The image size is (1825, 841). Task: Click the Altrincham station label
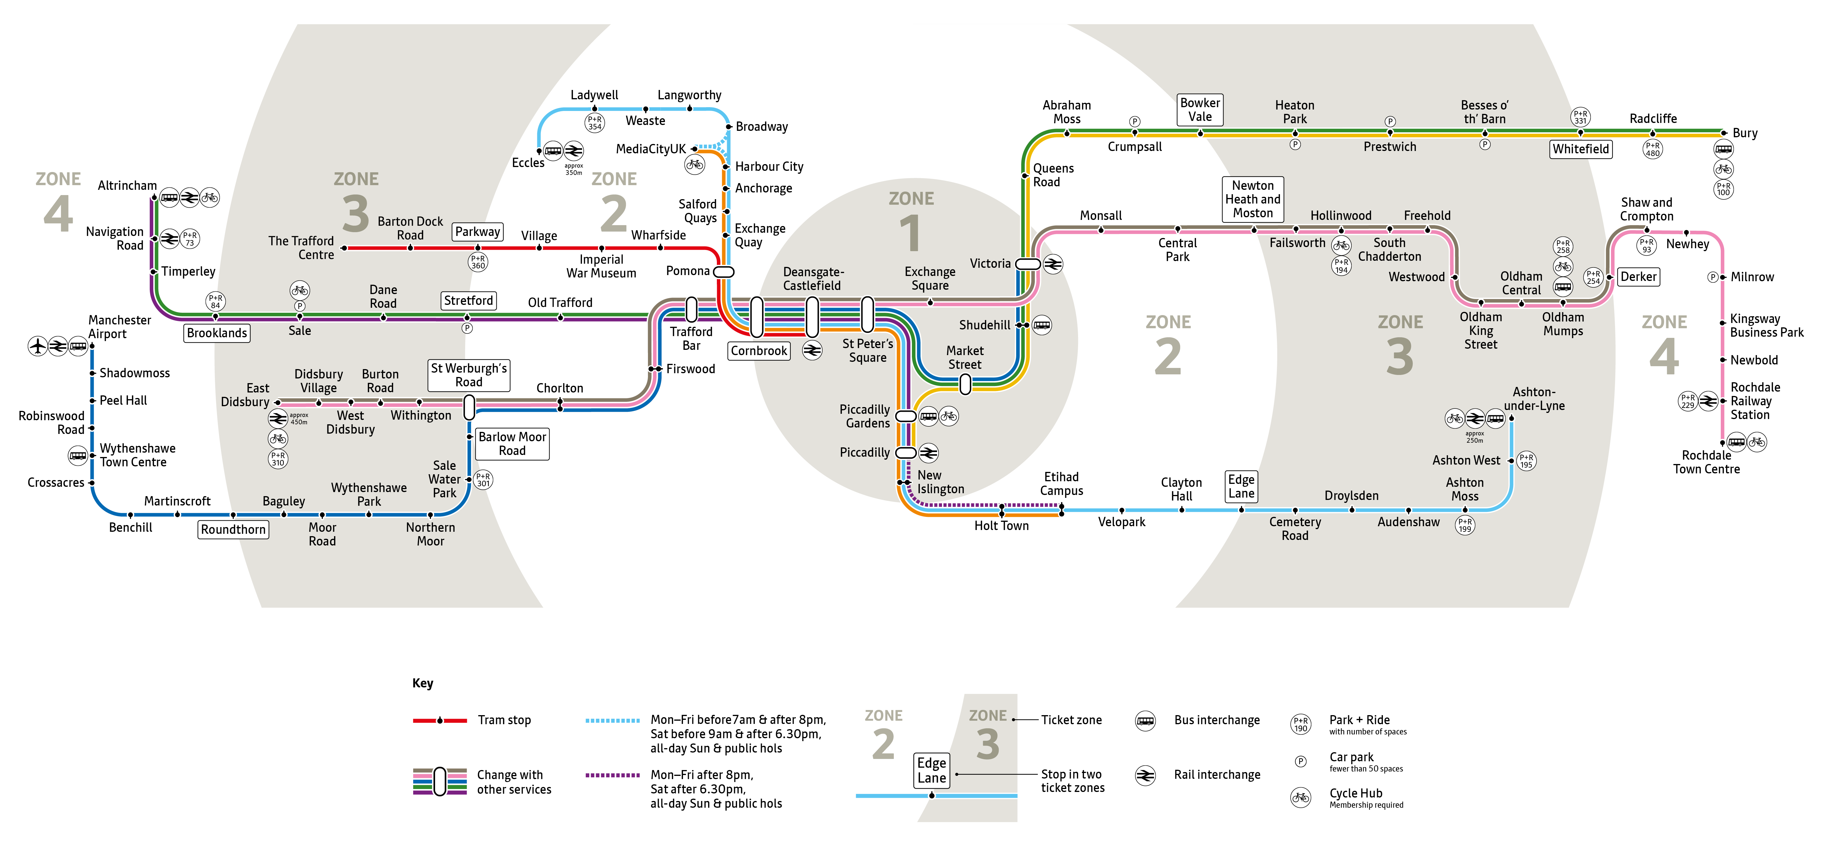click(x=128, y=186)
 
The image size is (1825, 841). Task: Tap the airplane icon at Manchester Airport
click(x=38, y=346)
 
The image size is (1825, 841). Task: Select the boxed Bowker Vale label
click(x=1200, y=110)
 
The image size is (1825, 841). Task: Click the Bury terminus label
click(x=1745, y=133)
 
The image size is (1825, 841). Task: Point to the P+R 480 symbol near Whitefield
click(x=1653, y=149)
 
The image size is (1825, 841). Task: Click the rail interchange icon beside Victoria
click(x=1053, y=264)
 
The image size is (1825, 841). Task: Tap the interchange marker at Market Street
click(x=965, y=384)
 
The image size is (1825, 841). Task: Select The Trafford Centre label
click(x=301, y=248)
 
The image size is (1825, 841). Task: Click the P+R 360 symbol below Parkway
click(x=478, y=262)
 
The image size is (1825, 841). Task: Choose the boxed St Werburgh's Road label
click(x=469, y=375)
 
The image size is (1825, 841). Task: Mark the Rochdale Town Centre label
click(x=1707, y=462)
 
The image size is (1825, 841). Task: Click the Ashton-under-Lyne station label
click(x=1534, y=399)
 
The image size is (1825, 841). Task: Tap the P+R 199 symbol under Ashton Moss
click(x=1465, y=525)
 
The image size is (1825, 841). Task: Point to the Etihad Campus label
click(x=1061, y=484)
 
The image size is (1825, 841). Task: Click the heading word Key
click(x=423, y=683)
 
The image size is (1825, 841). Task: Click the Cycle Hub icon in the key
click(x=1301, y=798)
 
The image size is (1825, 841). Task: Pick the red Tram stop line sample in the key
click(x=440, y=721)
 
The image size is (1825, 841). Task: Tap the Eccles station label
click(x=529, y=163)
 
